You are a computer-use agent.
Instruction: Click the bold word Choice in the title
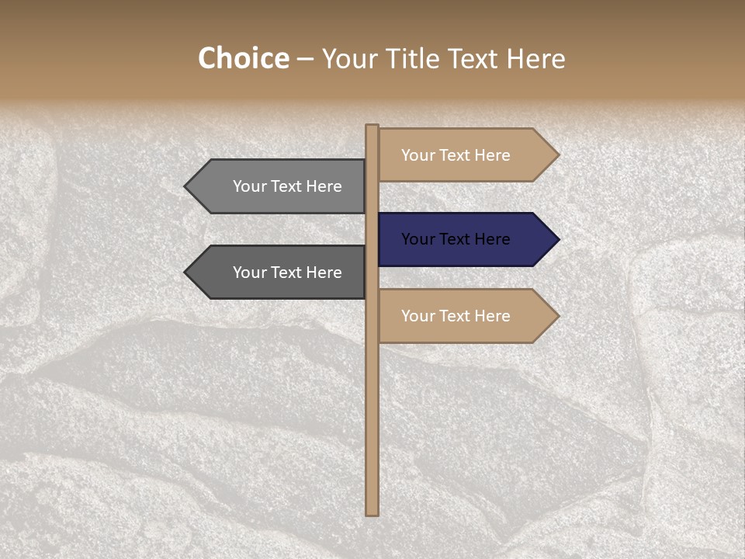(x=243, y=59)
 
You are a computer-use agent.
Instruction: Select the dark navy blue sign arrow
(x=466, y=239)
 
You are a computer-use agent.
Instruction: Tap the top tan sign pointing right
(x=466, y=155)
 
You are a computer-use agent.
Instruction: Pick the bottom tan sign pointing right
(x=466, y=316)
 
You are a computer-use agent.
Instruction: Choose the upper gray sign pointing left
(x=279, y=186)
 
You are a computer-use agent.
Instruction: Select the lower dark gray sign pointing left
(x=279, y=273)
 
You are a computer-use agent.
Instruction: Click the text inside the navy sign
(x=456, y=239)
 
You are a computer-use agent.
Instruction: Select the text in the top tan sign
(x=456, y=155)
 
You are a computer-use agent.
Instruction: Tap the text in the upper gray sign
(x=287, y=186)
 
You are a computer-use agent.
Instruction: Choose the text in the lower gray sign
(x=287, y=273)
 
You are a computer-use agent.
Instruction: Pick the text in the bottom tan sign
(x=456, y=316)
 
